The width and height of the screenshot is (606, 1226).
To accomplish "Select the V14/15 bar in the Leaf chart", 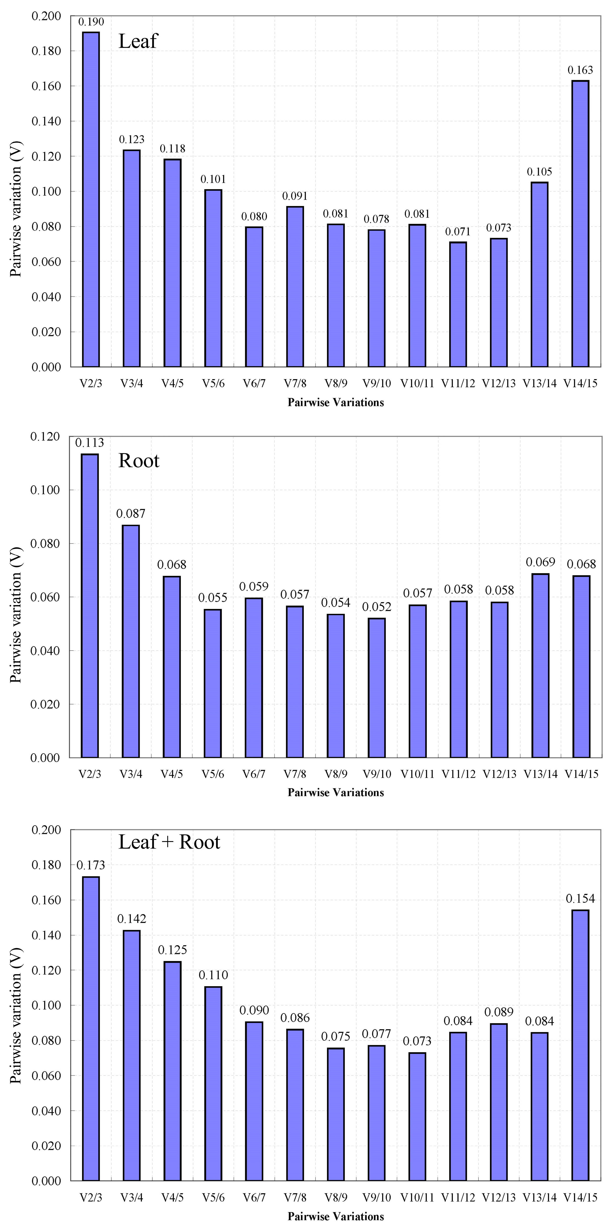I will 580,224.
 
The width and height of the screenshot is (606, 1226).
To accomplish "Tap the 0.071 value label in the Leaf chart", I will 458,232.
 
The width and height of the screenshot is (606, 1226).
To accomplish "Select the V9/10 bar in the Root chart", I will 377,688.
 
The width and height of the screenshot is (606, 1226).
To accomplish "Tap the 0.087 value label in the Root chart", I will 131,514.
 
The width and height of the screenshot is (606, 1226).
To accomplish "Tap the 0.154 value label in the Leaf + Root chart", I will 580,898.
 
